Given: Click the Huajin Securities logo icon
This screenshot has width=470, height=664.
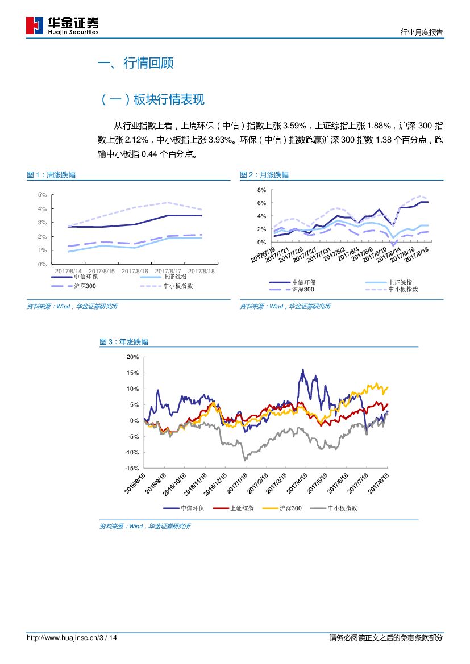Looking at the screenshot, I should click(x=35, y=26).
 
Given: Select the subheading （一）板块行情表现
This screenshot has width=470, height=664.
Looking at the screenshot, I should click(x=152, y=100).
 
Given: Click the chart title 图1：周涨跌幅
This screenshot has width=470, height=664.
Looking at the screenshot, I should click(x=51, y=175).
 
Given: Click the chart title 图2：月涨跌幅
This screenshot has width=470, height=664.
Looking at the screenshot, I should click(x=264, y=175).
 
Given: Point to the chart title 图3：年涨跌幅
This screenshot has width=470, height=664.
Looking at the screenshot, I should click(x=124, y=342).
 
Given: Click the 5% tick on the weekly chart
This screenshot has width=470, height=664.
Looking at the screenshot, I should click(x=42, y=195).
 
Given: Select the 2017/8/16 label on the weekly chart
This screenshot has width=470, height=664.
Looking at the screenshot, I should click(x=135, y=271).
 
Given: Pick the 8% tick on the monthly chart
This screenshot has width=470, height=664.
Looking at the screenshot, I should click(x=261, y=190).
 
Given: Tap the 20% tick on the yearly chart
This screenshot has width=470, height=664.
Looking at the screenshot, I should click(x=132, y=357).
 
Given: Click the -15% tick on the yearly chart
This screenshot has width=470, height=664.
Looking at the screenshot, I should click(x=132, y=469).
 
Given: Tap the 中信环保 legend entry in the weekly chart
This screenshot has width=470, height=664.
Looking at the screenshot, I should click(x=86, y=277).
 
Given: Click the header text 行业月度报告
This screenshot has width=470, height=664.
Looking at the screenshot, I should click(x=421, y=32).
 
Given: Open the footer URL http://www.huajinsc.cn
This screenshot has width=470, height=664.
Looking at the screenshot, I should click(x=63, y=638).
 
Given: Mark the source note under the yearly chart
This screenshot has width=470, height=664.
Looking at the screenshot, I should click(x=145, y=527).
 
